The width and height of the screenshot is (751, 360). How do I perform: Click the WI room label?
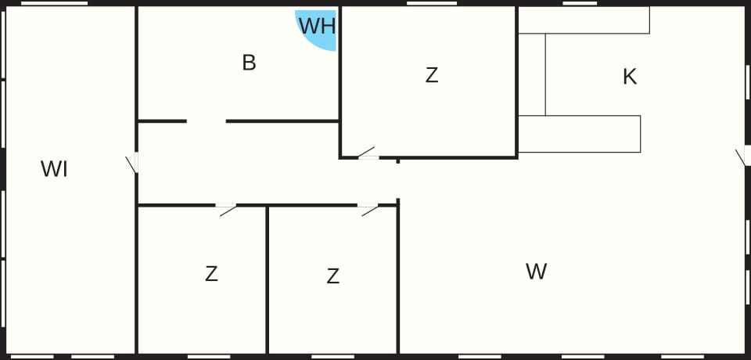(x=54, y=169)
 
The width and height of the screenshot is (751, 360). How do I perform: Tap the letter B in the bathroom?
(x=249, y=63)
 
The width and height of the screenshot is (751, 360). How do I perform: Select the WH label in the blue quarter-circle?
(x=317, y=26)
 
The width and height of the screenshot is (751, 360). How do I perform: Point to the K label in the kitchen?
(x=630, y=77)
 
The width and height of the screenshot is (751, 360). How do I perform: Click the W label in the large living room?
(x=536, y=272)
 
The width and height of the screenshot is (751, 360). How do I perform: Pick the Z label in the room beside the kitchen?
(x=432, y=75)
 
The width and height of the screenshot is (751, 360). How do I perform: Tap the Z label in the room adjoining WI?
(x=211, y=274)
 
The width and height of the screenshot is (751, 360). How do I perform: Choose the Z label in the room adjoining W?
(x=333, y=276)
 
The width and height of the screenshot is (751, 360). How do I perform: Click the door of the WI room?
(x=132, y=163)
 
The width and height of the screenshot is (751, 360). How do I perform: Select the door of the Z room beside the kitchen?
(x=368, y=153)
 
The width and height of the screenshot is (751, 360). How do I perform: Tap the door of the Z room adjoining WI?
(x=226, y=210)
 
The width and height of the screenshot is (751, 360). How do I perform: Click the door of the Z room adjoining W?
(x=368, y=210)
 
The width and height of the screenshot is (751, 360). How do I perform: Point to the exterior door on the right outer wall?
(x=743, y=157)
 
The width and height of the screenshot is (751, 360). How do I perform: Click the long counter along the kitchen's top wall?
(x=584, y=20)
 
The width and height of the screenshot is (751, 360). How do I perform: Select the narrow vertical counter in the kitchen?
(x=532, y=75)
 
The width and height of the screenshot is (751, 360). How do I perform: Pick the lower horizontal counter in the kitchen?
(x=580, y=135)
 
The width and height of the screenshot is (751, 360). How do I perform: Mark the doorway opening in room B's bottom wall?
(x=206, y=121)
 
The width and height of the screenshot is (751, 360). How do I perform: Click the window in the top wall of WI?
(x=55, y=3)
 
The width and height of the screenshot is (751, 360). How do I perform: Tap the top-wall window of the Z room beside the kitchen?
(x=432, y=3)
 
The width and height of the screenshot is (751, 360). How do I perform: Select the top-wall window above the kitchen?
(x=580, y=3)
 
